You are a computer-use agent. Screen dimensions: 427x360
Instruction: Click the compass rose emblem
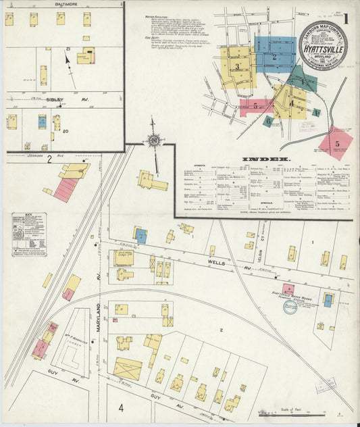[x=153, y=141]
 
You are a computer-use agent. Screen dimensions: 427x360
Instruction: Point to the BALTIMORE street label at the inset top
[x=65, y=3]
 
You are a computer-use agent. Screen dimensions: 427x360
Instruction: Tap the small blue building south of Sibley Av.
[x=42, y=122]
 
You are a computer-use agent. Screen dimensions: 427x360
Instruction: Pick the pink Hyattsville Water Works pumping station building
[x=288, y=289]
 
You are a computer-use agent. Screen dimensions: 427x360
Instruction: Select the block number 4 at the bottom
[x=121, y=407]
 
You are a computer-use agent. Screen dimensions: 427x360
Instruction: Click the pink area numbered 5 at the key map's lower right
[x=336, y=143]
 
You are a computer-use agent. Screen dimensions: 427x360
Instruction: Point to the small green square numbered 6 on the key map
[x=269, y=121]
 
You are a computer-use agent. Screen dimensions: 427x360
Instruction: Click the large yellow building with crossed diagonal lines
[x=127, y=369]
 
